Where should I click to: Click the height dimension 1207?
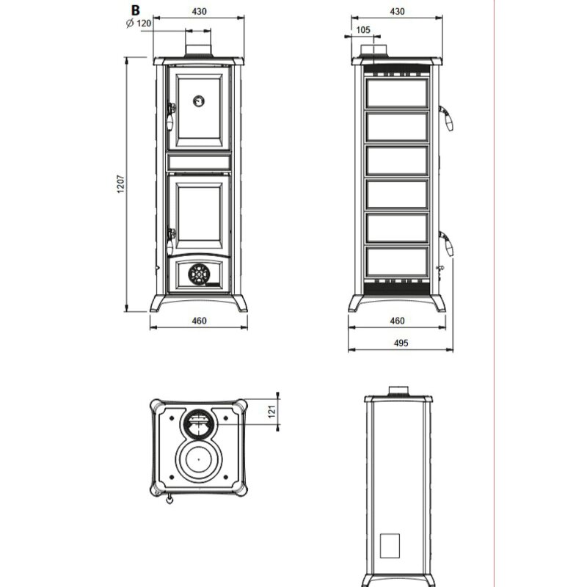tap(120, 186)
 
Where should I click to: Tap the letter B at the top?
tap(134, 10)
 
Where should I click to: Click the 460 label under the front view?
tap(199, 321)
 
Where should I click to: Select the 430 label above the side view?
tap(396, 11)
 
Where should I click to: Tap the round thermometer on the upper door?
tap(199, 101)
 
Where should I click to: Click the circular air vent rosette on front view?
tap(198, 274)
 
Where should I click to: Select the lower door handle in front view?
tap(172, 236)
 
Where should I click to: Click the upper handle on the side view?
tap(447, 117)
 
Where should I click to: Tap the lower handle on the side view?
tap(447, 242)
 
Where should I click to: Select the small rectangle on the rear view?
tap(390, 544)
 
